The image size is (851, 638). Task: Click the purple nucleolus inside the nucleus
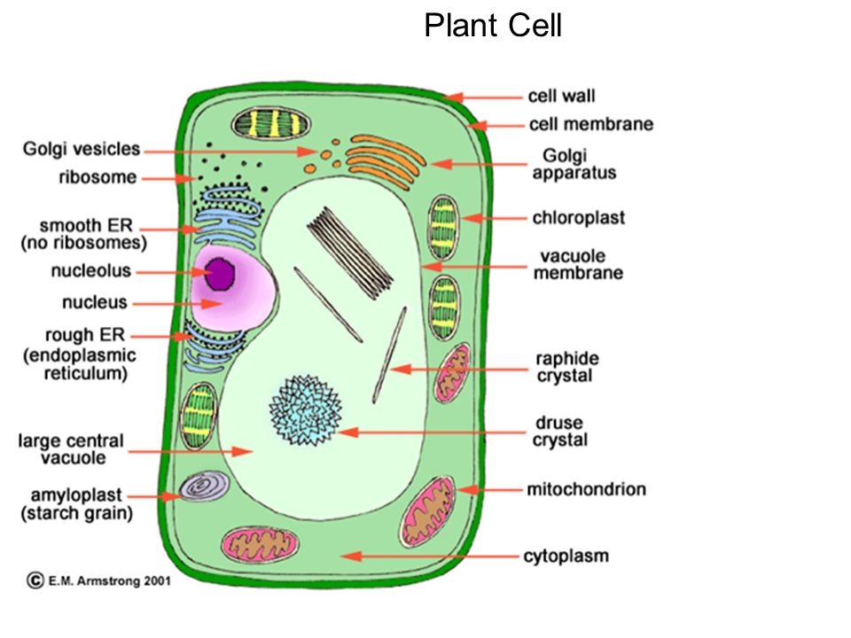tap(220, 273)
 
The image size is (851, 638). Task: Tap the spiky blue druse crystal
tap(306, 410)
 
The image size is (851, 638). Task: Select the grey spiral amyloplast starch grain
tap(204, 486)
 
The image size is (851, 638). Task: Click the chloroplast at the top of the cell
tap(271, 123)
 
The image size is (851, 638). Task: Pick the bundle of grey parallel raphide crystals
tap(350, 253)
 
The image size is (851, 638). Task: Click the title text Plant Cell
tap(493, 26)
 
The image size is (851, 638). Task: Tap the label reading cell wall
tap(561, 96)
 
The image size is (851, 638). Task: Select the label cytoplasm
tap(566, 556)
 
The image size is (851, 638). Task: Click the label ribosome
tap(98, 177)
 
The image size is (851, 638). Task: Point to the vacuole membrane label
tap(578, 264)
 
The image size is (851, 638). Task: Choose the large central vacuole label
tap(71, 448)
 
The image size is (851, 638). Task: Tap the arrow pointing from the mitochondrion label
tap(489, 490)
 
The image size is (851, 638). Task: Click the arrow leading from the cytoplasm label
tap(430, 556)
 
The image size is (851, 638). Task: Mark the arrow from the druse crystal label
tap(431, 432)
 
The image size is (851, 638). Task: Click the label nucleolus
tap(91, 270)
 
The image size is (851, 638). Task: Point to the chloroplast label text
tap(579, 218)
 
